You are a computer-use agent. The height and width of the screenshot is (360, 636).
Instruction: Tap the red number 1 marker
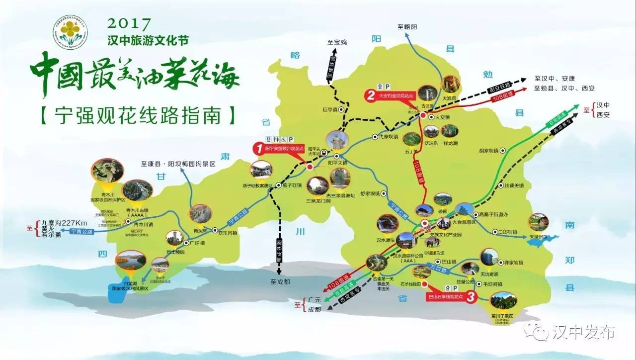tap(258, 148)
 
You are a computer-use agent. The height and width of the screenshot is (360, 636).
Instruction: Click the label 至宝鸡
tap(337, 42)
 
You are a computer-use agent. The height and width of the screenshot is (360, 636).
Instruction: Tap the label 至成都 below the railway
tap(280, 281)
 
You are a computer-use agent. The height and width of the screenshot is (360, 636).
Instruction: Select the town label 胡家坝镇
tap(488, 150)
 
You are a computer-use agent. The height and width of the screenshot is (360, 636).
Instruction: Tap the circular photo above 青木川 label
tap(107, 170)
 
